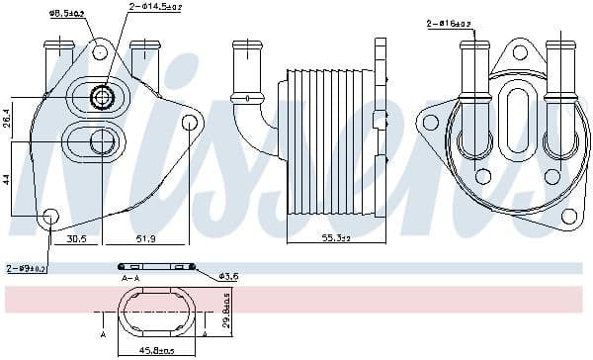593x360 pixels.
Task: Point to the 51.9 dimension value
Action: [146, 238]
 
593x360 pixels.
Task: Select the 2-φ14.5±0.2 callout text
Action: [158, 7]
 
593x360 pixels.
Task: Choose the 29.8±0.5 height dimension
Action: [225, 315]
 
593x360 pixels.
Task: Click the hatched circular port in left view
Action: [101, 97]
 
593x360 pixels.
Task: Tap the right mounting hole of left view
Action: [191, 122]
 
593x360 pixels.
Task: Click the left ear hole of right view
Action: [428, 122]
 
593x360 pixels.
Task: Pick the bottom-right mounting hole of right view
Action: [568, 216]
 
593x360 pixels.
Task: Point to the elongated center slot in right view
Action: [518, 116]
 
